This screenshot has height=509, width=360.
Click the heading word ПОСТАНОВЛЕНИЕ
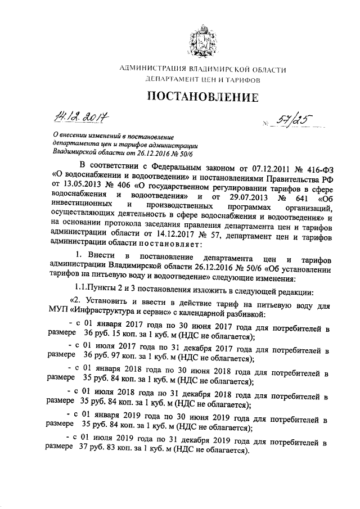203,97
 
